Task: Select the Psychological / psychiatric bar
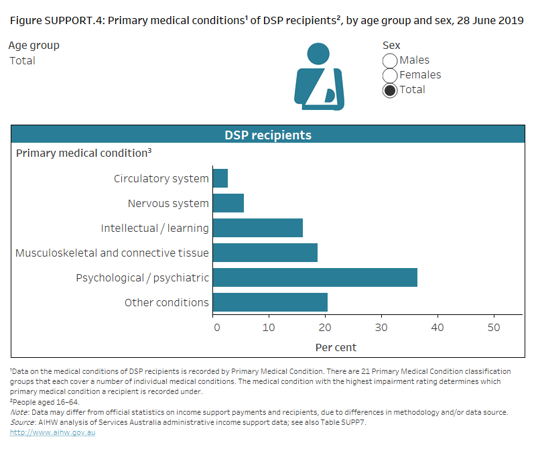[x=315, y=277]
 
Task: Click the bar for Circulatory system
[x=220, y=178]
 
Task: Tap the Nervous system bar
[x=228, y=203]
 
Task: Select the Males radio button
[x=390, y=61]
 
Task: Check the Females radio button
[x=390, y=76]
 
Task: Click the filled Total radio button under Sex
[x=390, y=90]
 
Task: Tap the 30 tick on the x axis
[x=381, y=327]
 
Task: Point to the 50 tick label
[x=493, y=327]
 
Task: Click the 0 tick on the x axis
[x=216, y=327]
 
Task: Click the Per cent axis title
[x=336, y=347]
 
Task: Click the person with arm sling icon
[x=319, y=77]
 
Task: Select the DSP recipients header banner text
[x=267, y=135]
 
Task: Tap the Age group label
[x=34, y=46]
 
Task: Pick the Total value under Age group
[x=22, y=60]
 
